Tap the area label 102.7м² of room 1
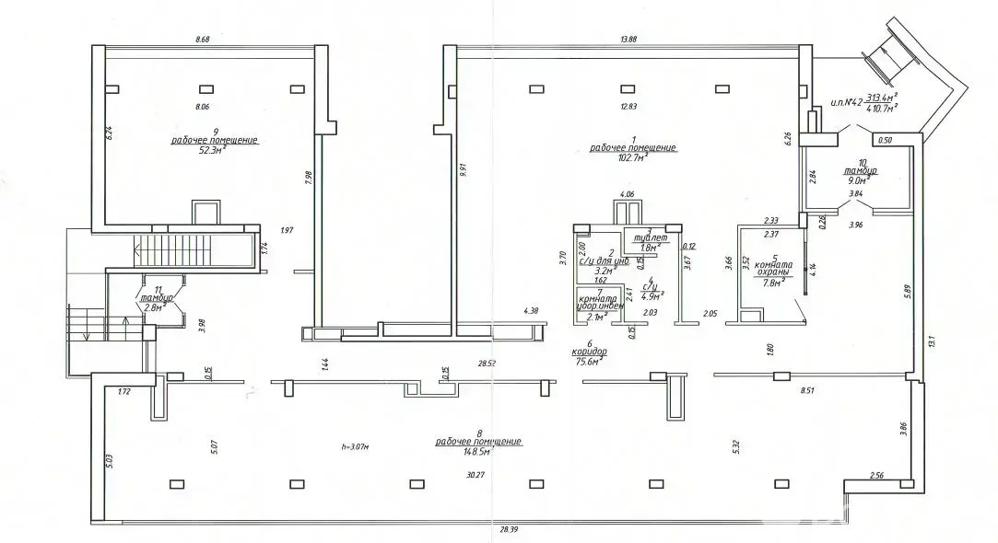click(x=632, y=157)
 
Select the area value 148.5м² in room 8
click(x=478, y=452)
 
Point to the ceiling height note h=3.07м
click(x=355, y=447)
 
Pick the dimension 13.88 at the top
click(x=628, y=39)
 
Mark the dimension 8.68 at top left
click(x=203, y=39)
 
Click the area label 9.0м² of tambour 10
click(x=859, y=181)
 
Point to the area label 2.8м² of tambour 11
click(x=152, y=308)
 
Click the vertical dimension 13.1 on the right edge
click(x=933, y=341)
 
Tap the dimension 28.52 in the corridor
click(x=487, y=364)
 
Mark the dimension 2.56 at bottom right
click(x=877, y=475)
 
